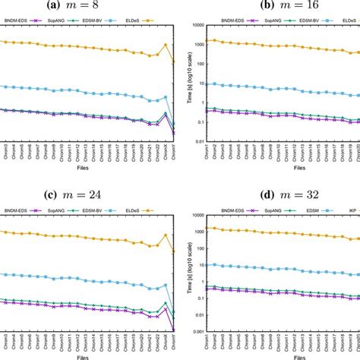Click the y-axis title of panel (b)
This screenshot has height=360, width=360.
coord(191,83)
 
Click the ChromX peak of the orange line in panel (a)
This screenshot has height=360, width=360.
coord(166,45)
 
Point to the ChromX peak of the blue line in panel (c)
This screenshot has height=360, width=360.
coord(166,285)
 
